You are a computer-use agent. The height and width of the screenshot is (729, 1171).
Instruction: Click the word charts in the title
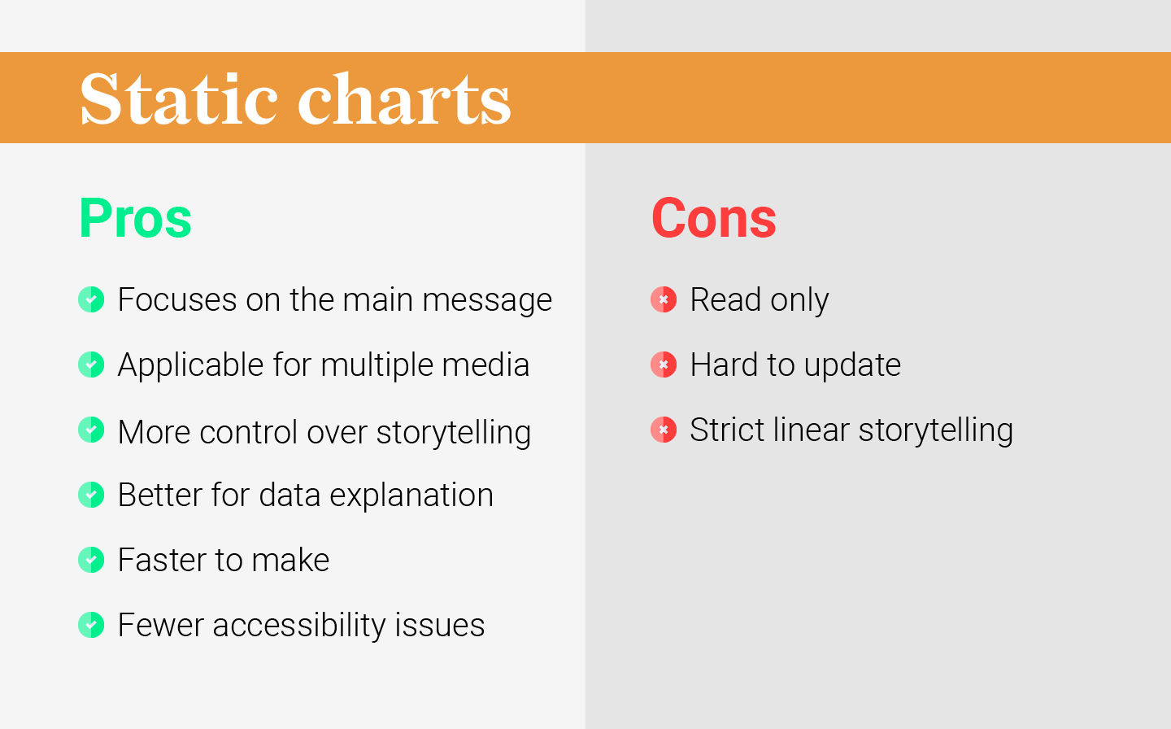404,99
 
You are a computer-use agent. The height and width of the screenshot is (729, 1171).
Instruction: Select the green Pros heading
135,218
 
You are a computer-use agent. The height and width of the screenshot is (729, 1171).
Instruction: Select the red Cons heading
713,218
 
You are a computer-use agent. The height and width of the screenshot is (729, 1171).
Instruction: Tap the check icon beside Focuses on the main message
91,299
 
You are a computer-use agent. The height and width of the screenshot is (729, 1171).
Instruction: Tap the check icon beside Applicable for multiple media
91,364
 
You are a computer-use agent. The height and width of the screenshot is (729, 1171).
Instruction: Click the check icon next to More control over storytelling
91,430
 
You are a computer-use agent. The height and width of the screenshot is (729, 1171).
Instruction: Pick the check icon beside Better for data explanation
91,495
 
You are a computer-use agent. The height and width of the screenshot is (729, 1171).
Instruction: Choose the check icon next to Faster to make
91,560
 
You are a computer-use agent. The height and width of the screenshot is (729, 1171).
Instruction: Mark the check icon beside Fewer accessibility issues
91,625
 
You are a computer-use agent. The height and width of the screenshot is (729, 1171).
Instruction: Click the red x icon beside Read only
664,299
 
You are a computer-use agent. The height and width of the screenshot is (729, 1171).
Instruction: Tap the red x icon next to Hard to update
664,364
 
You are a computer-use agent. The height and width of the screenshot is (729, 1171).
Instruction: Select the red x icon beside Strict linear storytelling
664,430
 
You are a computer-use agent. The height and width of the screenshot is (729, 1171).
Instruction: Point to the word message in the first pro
487,300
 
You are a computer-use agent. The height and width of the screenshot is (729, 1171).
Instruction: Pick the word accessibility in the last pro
298,626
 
